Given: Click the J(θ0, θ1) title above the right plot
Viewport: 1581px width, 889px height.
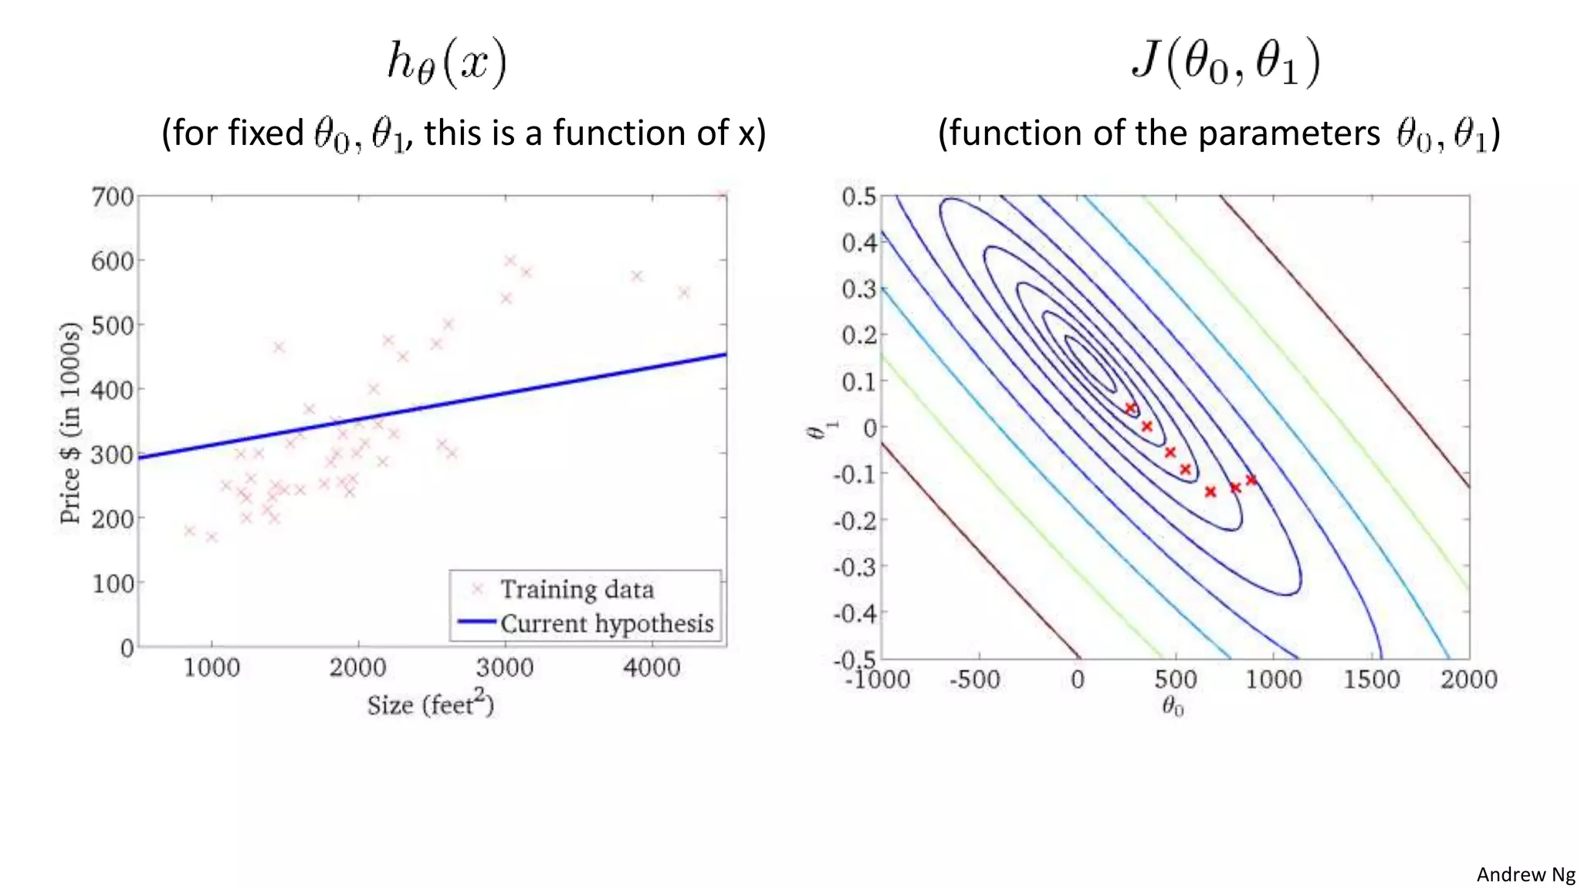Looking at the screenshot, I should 1226,62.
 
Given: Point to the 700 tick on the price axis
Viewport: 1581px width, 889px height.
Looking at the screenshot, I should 113,197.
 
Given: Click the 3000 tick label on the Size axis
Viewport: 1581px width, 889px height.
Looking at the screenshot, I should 504,668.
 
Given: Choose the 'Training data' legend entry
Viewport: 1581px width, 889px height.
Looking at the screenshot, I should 577,590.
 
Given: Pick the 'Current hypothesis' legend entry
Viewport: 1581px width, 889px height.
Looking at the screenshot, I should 607,624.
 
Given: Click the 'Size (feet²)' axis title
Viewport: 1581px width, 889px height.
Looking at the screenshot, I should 430,704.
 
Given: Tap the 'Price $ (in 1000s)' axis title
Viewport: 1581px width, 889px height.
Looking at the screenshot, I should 70,423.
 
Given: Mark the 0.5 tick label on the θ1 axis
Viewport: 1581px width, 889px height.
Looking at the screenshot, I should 858,197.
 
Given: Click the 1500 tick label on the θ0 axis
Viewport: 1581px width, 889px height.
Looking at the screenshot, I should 1371,680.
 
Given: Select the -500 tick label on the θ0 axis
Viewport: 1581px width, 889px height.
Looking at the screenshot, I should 975,680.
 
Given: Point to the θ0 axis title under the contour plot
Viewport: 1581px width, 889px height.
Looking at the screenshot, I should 1173,706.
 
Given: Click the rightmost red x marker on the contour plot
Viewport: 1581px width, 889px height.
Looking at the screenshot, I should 1251,480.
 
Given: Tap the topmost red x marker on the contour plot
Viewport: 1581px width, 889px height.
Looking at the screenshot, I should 1131,408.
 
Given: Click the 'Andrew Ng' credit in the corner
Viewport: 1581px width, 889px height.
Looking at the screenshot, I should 1525,874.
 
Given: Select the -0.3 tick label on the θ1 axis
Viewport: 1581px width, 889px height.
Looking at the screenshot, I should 855,567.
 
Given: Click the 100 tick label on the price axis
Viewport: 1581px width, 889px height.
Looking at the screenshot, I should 113,583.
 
